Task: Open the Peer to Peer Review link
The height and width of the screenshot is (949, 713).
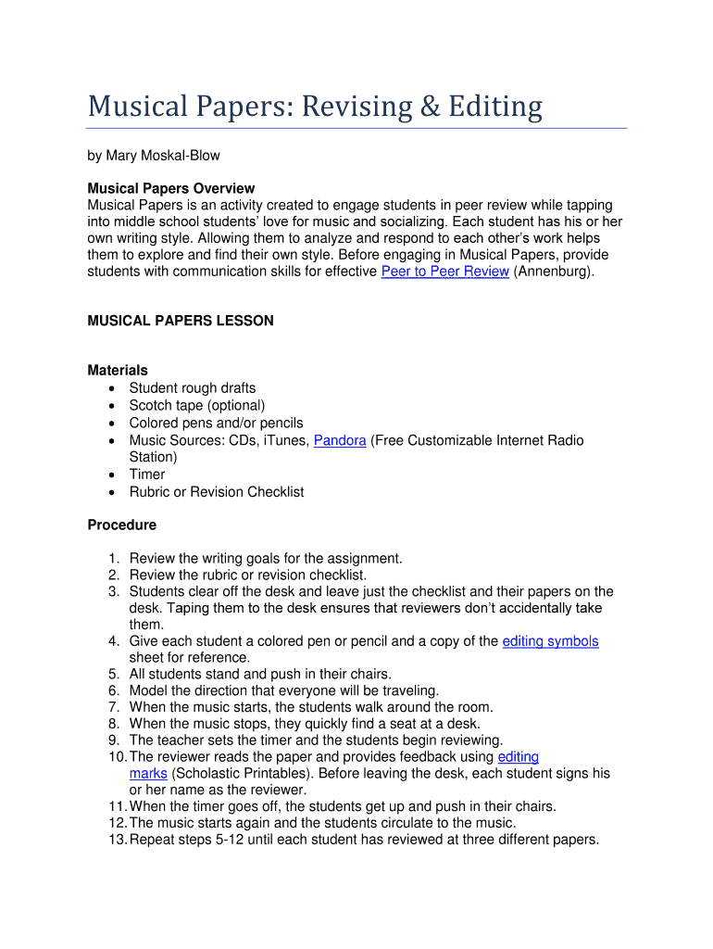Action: pyautogui.click(x=444, y=272)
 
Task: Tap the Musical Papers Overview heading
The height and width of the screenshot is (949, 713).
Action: pyautogui.click(x=170, y=188)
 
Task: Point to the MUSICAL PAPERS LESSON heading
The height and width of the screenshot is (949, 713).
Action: pyautogui.click(x=181, y=321)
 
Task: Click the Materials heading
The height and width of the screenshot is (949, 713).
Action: pyautogui.click(x=118, y=371)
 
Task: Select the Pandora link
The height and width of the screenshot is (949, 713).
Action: pyautogui.click(x=340, y=440)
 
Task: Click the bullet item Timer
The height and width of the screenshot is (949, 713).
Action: pyautogui.click(x=147, y=474)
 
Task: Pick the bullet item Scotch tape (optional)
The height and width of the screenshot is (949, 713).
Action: pyautogui.click(x=197, y=405)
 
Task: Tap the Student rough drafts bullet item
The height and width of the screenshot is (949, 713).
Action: pyautogui.click(x=193, y=388)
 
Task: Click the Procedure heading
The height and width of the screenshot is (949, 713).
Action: pyautogui.click(x=121, y=525)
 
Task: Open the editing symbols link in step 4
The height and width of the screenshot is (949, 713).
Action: pyautogui.click(x=550, y=641)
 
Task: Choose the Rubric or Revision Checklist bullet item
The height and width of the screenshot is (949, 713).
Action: pyautogui.click(x=217, y=491)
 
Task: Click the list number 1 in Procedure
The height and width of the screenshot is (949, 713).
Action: pyautogui.click(x=113, y=558)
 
